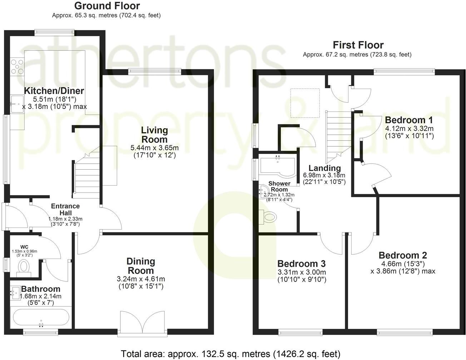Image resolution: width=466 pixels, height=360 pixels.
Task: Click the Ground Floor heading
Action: [x=107, y=6]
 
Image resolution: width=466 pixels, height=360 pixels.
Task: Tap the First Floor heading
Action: [x=358, y=45]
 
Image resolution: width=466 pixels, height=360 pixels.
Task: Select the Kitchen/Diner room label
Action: [x=54, y=90]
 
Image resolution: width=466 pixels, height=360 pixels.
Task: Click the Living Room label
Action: [x=154, y=135]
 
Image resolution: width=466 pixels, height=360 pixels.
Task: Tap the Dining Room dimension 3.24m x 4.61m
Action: [x=141, y=279]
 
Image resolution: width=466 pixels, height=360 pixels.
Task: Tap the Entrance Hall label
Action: [x=65, y=209]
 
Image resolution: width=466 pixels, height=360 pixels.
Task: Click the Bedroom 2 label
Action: [x=403, y=255]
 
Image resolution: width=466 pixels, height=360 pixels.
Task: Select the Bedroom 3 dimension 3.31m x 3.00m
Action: [x=302, y=272]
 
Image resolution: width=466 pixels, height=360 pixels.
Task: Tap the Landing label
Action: [x=324, y=168]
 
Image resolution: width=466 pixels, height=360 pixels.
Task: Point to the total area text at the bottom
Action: [x=230, y=354]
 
